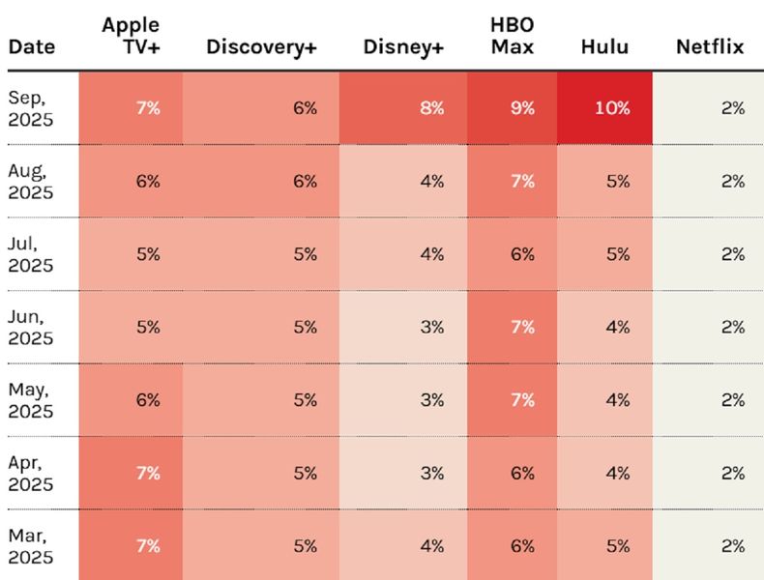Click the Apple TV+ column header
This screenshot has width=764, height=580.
(x=131, y=36)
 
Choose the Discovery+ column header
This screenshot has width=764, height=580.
(x=261, y=46)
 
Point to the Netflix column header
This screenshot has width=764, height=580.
(x=710, y=46)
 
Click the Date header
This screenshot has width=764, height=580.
(x=32, y=46)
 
